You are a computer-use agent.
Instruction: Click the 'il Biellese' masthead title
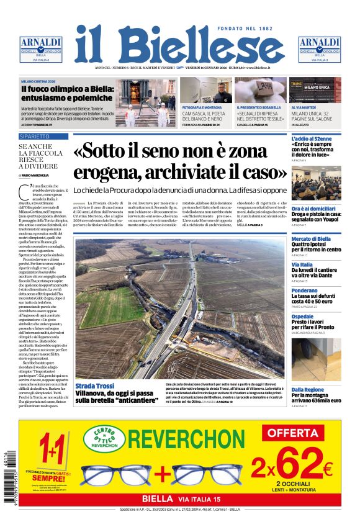179,46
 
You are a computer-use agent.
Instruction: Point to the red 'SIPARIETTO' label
35,136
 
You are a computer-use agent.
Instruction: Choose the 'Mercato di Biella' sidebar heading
311,239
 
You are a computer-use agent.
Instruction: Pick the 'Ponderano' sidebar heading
305,291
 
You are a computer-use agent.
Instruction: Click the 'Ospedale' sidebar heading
303,317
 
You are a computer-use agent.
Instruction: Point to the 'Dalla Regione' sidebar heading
308,389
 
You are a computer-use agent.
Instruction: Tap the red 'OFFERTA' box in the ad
293,432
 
